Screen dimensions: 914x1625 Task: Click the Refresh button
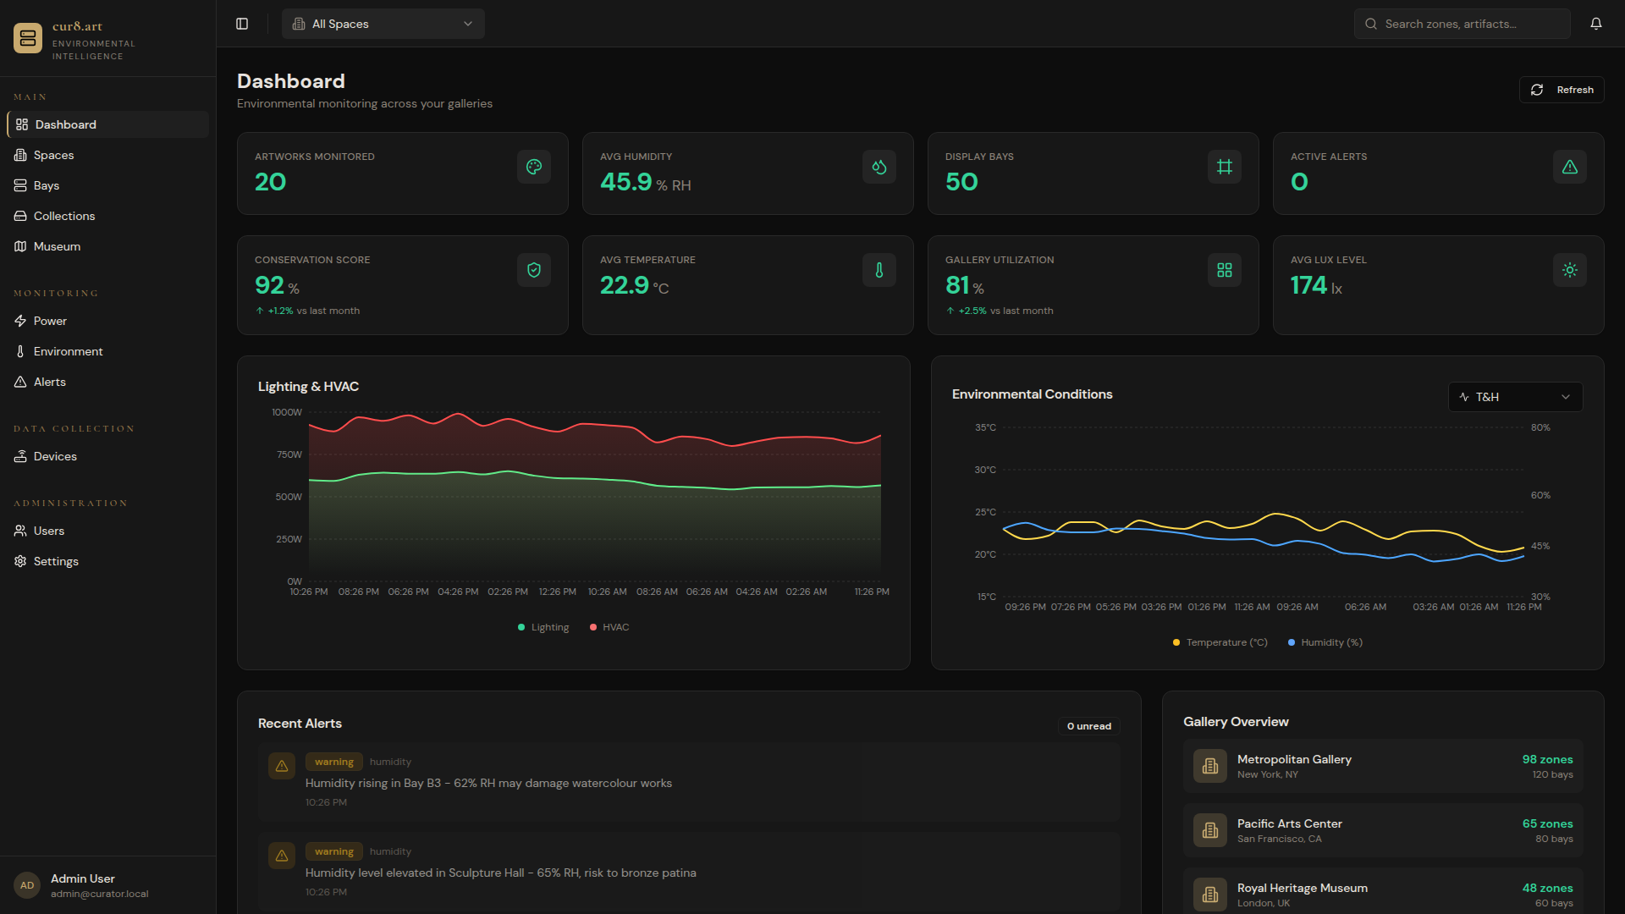pyautogui.click(x=1562, y=90)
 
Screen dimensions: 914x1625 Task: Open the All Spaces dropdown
pyautogui.click(x=383, y=24)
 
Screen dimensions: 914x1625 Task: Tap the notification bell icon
pyautogui.click(x=1595, y=24)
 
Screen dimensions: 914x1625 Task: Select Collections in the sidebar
pyautogui.click(x=64, y=216)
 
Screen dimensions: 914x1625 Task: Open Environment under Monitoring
pyautogui.click(x=68, y=351)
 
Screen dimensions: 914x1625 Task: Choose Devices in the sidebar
pyautogui.click(x=55, y=456)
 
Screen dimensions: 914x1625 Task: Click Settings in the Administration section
pyautogui.click(x=56, y=561)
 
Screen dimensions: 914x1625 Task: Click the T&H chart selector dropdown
pyautogui.click(x=1515, y=397)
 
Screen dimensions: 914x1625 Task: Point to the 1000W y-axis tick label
pyautogui.click(x=287, y=412)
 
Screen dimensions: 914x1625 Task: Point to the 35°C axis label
pyautogui.click(x=985, y=427)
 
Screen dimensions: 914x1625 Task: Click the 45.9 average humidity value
pyautogui.click(x=626, y=182)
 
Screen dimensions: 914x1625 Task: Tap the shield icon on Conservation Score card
pyautogui.click(x=534, y=270)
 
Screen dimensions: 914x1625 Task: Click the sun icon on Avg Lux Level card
pyautogui.click(x=1569, y=270)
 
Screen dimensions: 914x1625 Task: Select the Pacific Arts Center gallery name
pyautogui.click(x=1289, y=823)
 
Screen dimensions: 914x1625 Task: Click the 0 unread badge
pyautogui.click(x=1088, y=726)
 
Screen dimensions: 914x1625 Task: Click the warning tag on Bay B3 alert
pyautogui.click(x=333, y=762)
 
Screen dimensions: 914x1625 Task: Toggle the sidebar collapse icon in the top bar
pyautogui.click(x=242, y=24)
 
